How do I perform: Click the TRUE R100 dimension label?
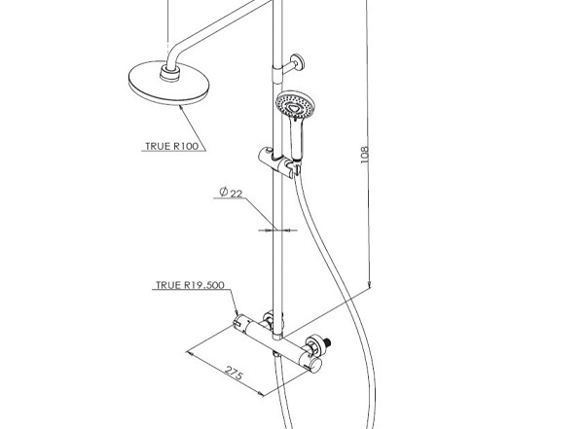click(171, 146)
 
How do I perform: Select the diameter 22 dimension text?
click(231, 193)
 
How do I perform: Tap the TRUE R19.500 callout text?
click(190, 285)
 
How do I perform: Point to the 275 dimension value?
click(234, 374)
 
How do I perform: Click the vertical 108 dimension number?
click(365, 154)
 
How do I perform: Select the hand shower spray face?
click(295, 104)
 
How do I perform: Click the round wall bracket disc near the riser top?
click(298, 62)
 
